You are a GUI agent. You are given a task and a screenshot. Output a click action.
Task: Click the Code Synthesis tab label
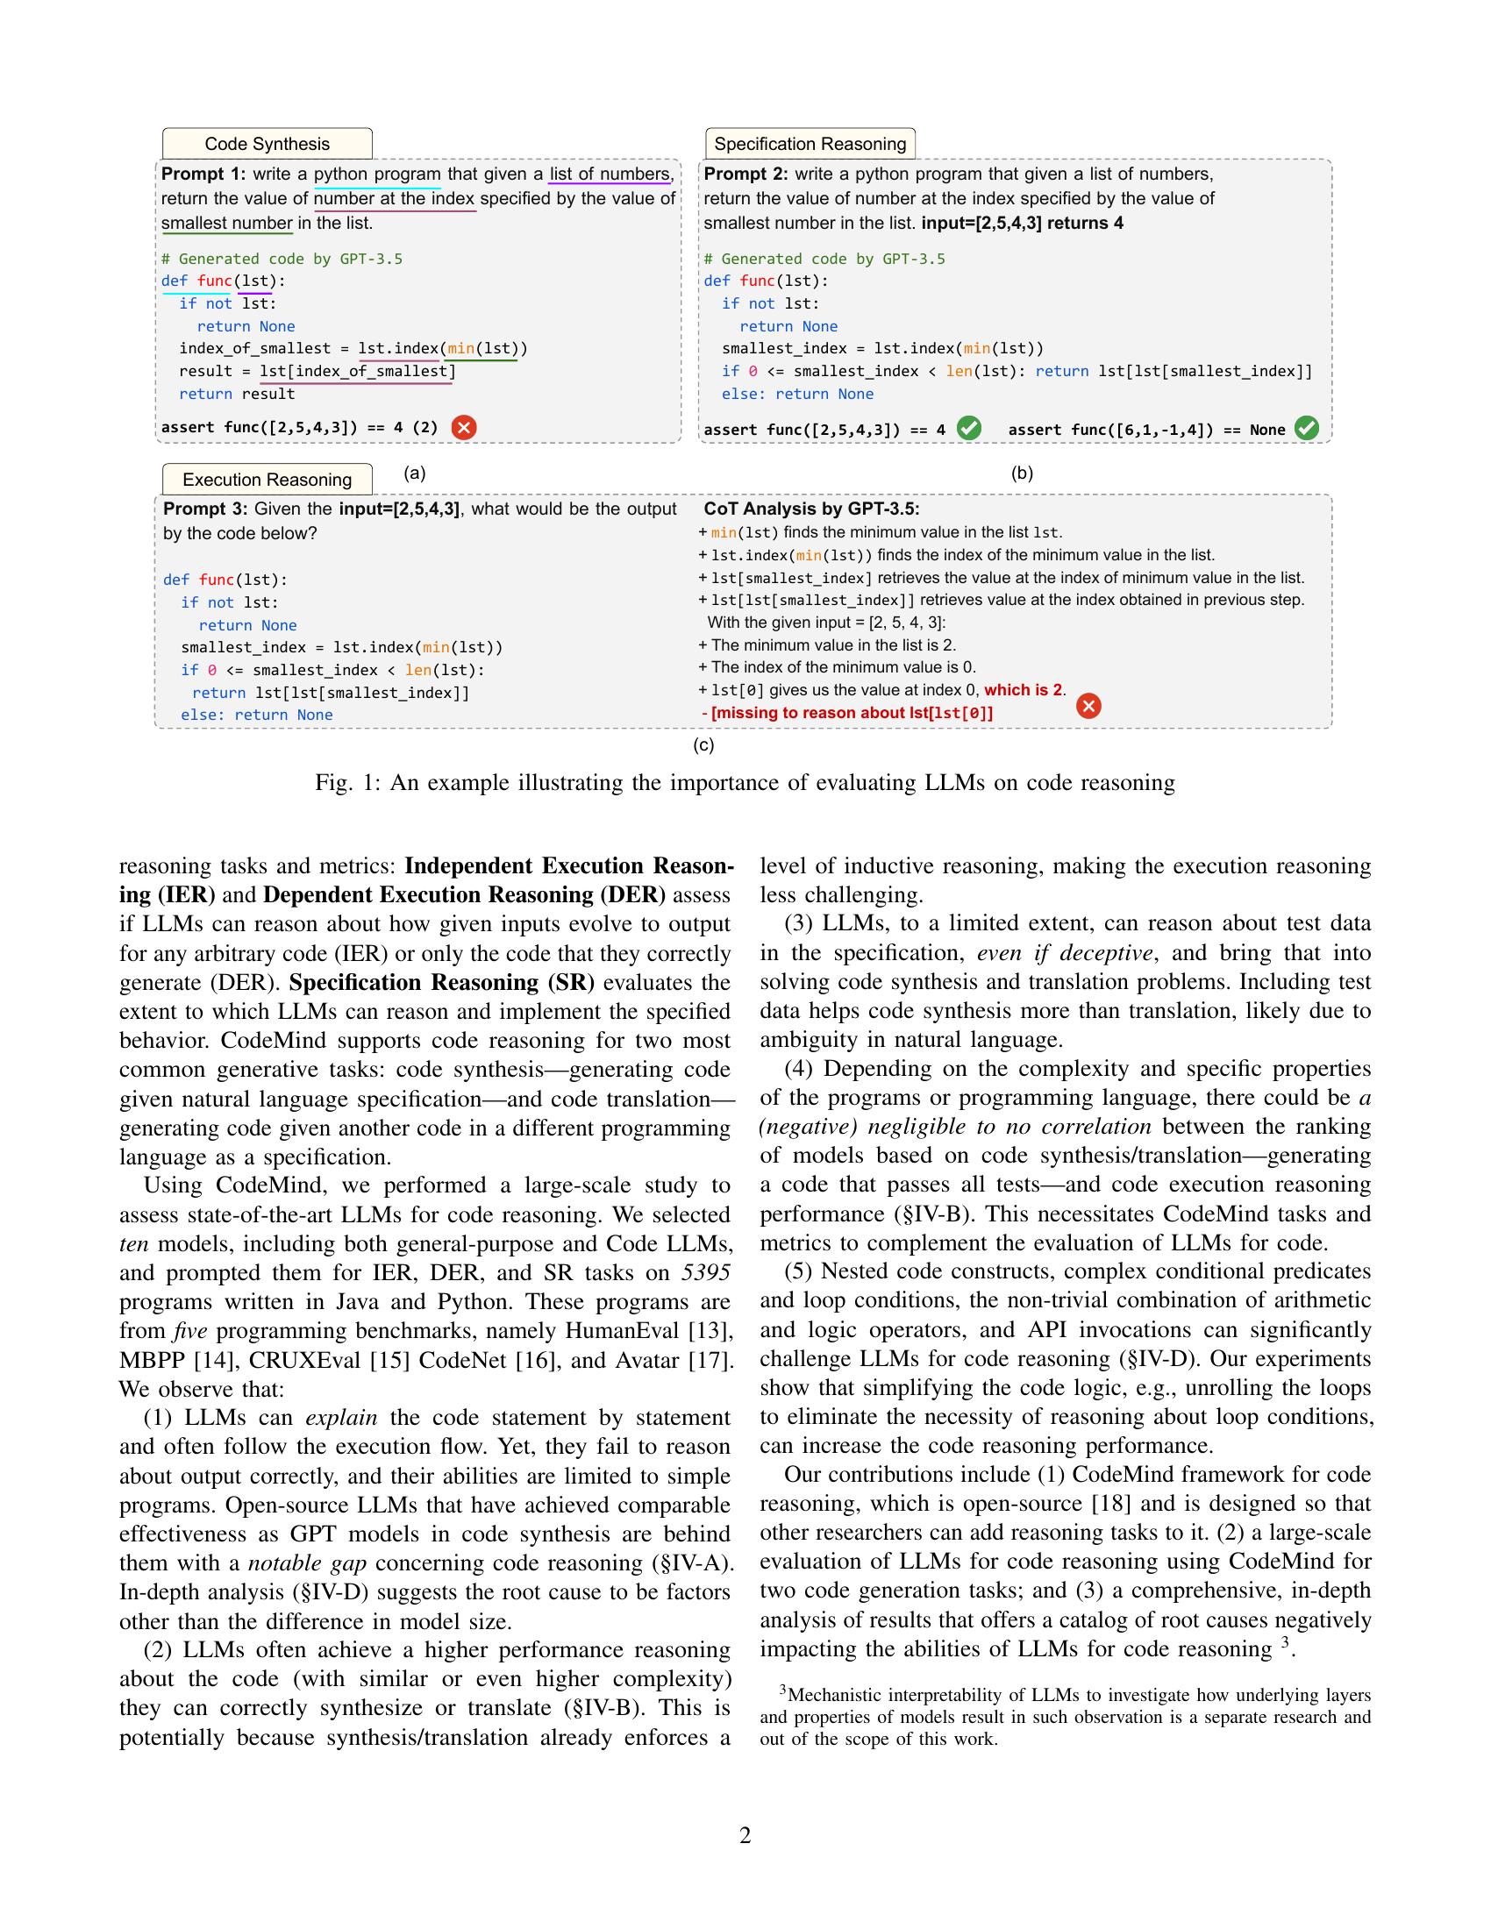point(267,144)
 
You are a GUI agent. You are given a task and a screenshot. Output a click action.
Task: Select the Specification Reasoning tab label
point(810,144)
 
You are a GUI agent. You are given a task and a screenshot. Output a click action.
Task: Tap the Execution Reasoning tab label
point(267,480)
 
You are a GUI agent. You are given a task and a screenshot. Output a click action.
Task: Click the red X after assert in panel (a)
point(464,428)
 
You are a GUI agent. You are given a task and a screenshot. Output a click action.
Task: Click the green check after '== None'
point(1307,429)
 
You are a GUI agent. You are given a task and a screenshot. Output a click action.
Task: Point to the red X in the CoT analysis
point(1089,706)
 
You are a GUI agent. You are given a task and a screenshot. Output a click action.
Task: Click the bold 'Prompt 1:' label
point(203,174)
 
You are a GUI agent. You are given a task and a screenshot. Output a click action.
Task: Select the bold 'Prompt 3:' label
point(206,509)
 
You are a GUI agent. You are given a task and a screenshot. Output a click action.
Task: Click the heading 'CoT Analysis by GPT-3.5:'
point(811,509)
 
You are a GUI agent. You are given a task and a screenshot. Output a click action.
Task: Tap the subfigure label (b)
point(1022,473)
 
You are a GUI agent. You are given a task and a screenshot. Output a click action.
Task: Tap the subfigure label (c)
point(704,745)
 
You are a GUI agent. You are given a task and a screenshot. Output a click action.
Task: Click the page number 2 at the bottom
point(745,1835)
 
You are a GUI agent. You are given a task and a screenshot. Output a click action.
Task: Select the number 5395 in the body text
point(706,1273)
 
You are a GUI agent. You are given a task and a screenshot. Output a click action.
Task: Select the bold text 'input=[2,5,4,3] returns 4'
point(1022,224)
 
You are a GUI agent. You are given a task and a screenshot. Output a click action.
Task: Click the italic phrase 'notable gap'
point(296,1563)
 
